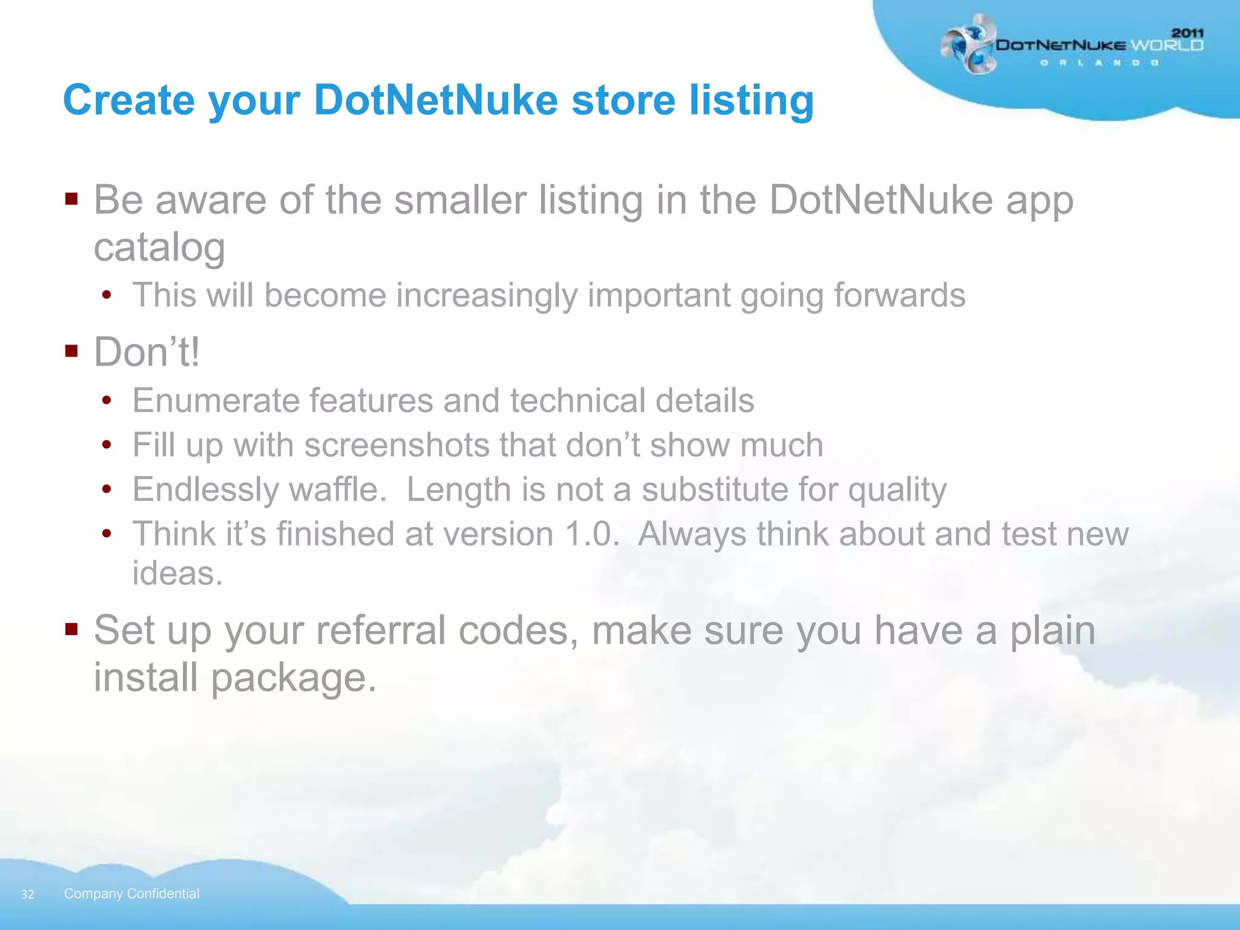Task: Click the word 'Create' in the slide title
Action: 129,100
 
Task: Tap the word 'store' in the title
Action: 623,100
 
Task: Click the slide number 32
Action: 27,894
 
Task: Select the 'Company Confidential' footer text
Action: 131,894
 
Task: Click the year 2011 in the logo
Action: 1187,33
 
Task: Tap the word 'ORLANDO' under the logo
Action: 1100,63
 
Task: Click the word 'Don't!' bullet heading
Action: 147,352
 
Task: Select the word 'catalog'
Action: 159,248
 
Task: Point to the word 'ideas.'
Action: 177,573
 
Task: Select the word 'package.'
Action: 294,678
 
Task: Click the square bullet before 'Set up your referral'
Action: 72,629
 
